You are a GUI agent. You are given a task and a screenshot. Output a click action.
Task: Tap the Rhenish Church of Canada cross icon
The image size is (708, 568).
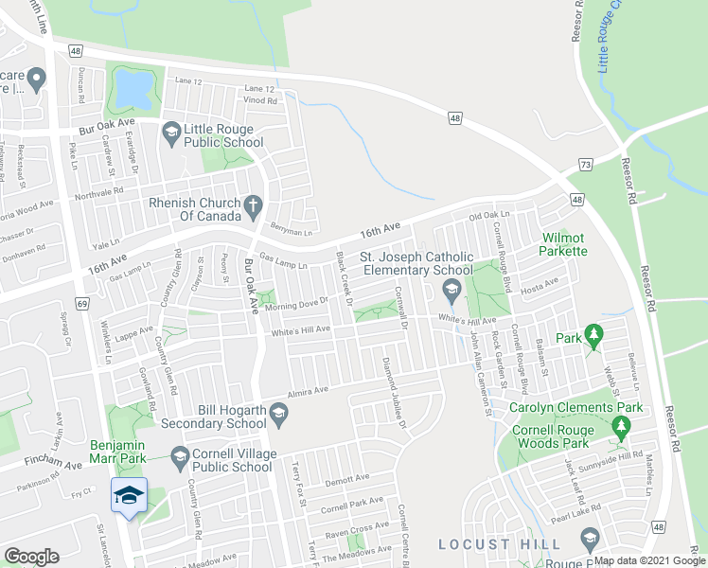(252, 204)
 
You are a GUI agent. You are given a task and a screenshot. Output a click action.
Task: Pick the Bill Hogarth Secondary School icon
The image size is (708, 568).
(278, 412)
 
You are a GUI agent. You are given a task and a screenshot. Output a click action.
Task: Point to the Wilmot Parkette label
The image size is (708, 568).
(564, 244)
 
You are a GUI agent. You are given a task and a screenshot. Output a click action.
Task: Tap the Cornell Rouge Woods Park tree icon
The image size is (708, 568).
(621, 431)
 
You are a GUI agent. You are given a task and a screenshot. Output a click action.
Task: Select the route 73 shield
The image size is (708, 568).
(586, 165)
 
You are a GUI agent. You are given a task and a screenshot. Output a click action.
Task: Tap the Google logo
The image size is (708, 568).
(31, 557)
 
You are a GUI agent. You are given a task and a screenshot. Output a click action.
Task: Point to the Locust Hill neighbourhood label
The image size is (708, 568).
(500, 544)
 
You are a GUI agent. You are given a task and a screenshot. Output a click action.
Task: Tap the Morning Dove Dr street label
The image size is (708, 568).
(295, 301)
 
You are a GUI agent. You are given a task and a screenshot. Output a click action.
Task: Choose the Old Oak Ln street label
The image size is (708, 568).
(489, 217)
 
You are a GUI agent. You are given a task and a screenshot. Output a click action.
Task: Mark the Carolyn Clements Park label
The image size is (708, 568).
(577, 408)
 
